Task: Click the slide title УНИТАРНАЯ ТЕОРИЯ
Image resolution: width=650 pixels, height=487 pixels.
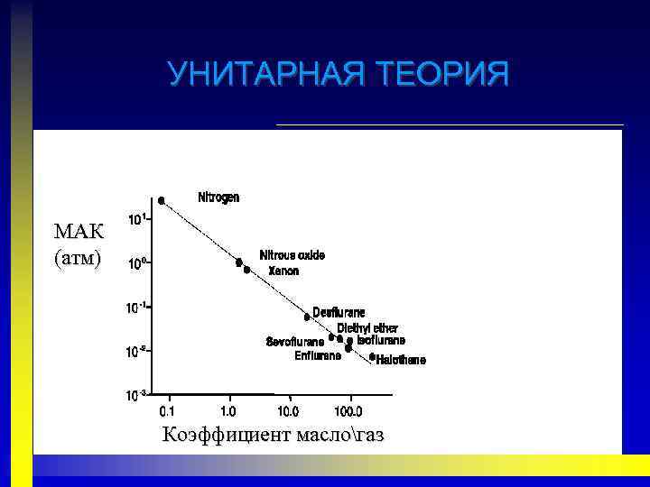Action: tap(339, 73)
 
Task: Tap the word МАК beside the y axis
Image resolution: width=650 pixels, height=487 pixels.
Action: tap(79, 231)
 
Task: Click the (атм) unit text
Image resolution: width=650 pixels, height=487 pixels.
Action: tap(79, 258)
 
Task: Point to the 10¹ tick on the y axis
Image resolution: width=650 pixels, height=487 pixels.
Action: tap(137, 219)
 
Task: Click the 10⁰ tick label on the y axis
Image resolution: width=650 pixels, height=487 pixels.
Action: tap(137, 264)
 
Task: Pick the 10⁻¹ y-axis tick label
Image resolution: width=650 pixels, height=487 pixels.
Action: tap(137, 308)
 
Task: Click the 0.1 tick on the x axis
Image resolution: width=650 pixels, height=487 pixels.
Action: tap(167, 411)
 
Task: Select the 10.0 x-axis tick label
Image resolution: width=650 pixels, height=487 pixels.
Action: tap(288, 411)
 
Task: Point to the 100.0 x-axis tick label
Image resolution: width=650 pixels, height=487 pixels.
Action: tap(348, 411)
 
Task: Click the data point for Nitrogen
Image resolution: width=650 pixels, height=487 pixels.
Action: tap(162, 201)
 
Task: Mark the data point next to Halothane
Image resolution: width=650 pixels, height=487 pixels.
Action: tap(372, 357)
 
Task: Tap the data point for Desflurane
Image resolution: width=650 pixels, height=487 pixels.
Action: tap(307, 317)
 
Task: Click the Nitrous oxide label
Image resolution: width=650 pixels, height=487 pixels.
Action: tap(292, 255)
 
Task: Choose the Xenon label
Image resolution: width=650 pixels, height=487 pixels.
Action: tap(283, 271)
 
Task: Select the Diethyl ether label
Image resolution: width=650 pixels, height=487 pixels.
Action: tap(367, 328)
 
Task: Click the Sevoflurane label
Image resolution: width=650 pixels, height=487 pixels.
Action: tap(295, 341)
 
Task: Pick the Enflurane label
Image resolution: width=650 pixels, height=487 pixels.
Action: tap(317, 355)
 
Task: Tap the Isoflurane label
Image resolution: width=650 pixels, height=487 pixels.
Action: tap(381, 340)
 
